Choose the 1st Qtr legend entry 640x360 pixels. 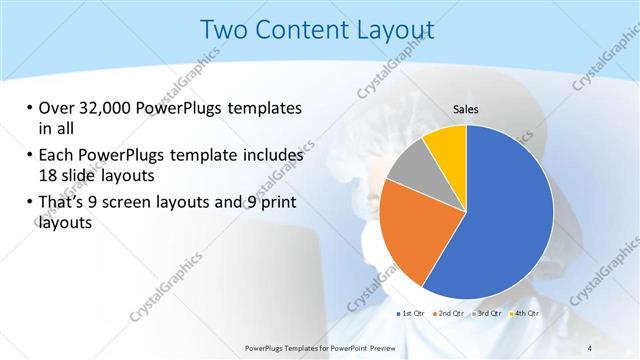point(412,314)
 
